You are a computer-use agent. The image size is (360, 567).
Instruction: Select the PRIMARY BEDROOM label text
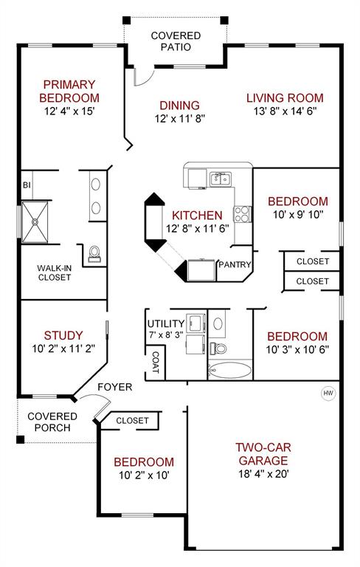tap(70, 91)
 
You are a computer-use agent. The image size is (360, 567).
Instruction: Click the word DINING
tap(177, 106)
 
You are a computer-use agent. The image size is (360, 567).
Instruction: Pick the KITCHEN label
tap(197, 216)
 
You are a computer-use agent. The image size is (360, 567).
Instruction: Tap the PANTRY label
tap(235, 265)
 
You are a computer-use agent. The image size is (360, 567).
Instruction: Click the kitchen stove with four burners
tap(242, 214)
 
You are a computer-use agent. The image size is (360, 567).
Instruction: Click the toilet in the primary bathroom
tap(94, 254)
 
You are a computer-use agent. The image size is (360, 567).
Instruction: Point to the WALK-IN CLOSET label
tap(55, 272)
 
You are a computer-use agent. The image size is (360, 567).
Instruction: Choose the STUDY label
tap(63, 335)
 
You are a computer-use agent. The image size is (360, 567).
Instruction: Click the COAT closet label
tap(156, 362)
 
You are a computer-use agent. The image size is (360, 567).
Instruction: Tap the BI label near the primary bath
tap(27, 185)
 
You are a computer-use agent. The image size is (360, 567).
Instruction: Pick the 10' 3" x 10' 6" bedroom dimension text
tap(297, 349)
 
